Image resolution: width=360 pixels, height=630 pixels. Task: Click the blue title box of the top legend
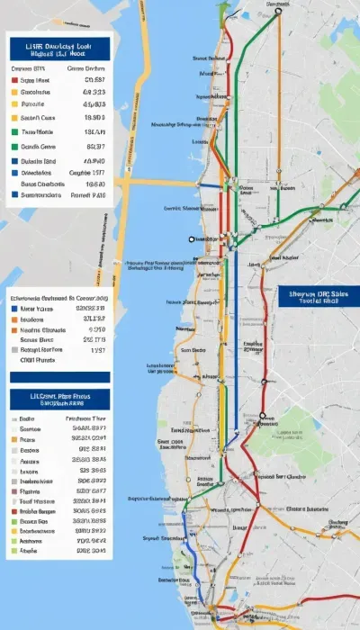[59, 49]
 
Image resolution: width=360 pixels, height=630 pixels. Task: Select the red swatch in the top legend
[14, 80]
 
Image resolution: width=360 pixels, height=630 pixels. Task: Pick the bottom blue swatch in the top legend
[14, 194]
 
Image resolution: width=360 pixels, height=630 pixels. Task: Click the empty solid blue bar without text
[59, 377]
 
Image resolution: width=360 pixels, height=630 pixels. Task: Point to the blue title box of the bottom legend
[59, 400]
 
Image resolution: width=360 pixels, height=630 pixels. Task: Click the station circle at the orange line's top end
[278, 12]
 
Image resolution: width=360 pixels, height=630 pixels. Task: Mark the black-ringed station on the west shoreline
[191, 238]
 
